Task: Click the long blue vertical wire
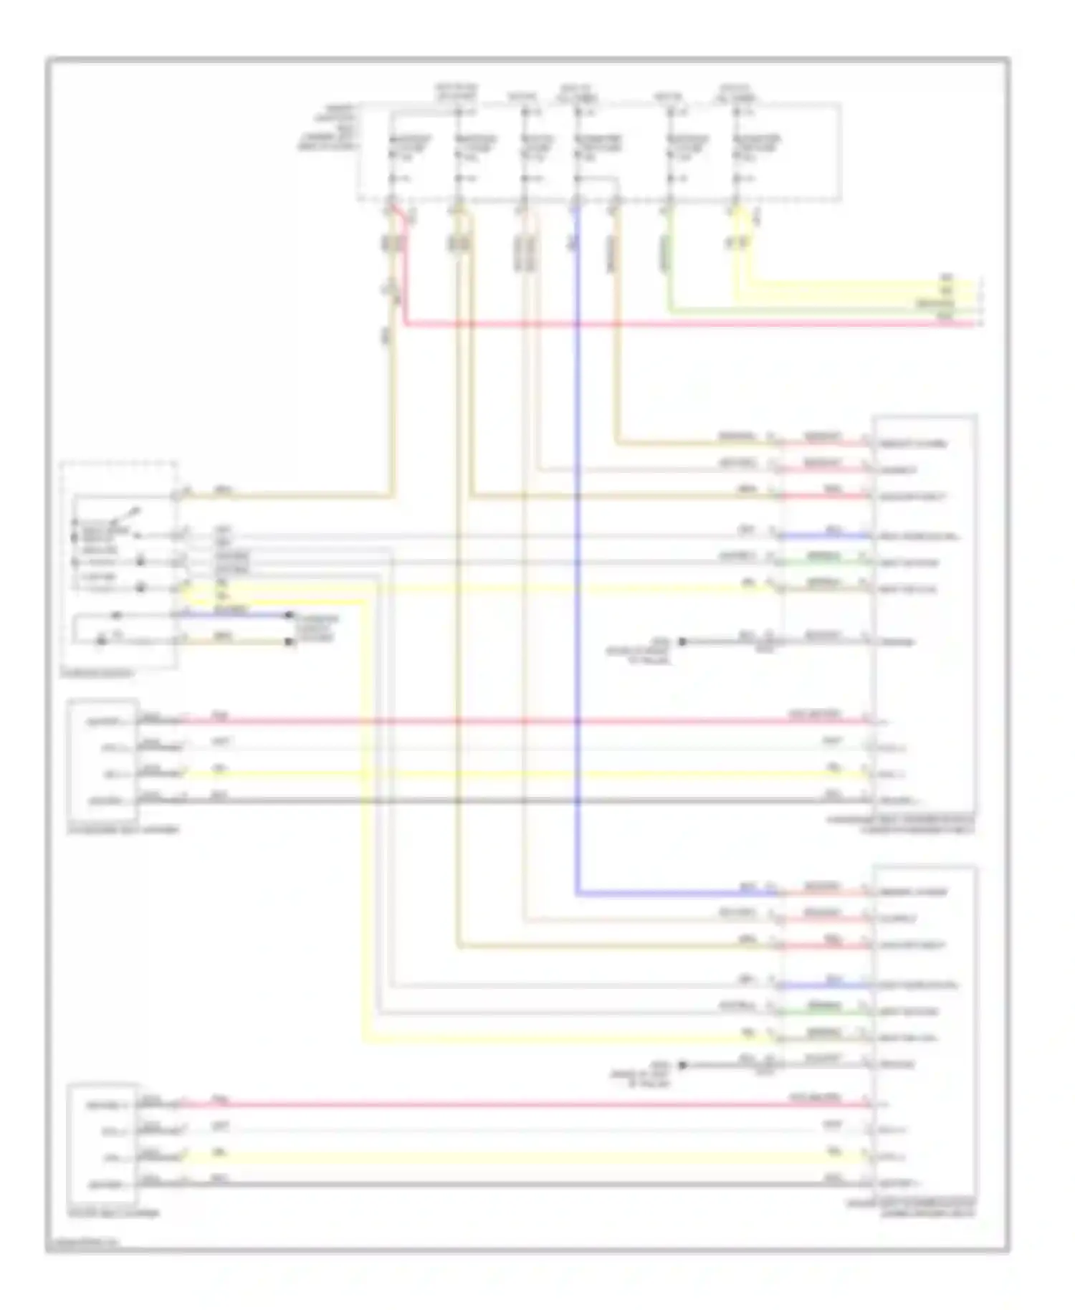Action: [x=577, y=573]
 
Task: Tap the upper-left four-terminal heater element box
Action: [x=102, y=760]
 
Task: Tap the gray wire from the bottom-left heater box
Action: [x=502, y=1184]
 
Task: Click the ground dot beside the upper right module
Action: [x=682, y=642]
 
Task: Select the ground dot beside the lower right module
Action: [x=682, y=1066]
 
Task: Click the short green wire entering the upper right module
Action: [x=824, y=563]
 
